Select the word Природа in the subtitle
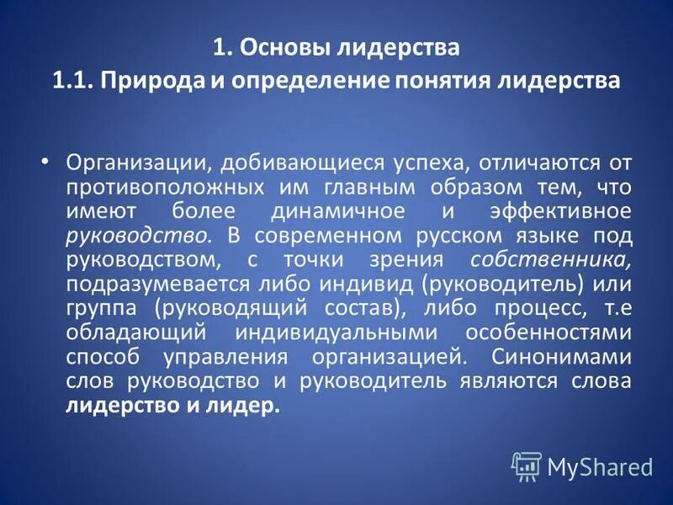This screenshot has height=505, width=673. pos(153,82)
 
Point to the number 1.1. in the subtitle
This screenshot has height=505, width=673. pos(76,82)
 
